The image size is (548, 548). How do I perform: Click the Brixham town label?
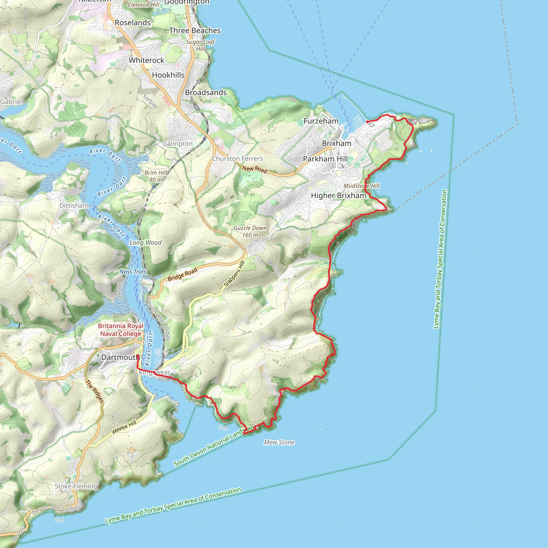pyautogui.click(x=336, y=143)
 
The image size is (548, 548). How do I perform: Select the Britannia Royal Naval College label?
pyautogui.click(x=121, y=330)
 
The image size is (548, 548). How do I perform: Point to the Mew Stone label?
pyautogui.click(x=279, y=443)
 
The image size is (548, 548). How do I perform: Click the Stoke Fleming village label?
pyautogui.click(x=76, y=486)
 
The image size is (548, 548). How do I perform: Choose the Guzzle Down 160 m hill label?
pyautogui.click(x=250, y=231)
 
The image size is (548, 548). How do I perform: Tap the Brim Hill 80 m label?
pyautogui.click(x=156, y=176)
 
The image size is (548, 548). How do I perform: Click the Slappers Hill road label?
pyautogui.click(x=234, y=274)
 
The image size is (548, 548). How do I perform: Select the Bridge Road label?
pyautogui.click(x=182, y=274)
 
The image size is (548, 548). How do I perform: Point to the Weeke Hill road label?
pyautogui.click(x=124, y=427)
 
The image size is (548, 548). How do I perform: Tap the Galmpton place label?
pyautogui.click(x=177, y=144)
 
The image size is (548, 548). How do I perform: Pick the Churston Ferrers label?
pyautogui.click(x=237, y=159)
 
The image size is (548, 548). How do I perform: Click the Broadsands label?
pyautogui.click(x=206, y=93)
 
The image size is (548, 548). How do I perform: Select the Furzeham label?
pyautogui.click(x=321, y=121)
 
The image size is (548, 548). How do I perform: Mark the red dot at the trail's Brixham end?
pyautogui.click(x=367, y=122)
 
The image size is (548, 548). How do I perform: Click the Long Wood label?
pyautogui.click(x=145, y=242)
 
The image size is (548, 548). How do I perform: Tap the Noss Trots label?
pyautogui.click(x=133, y=272)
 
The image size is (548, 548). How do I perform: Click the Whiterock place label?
pyautogui.click(x=146, y=60)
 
